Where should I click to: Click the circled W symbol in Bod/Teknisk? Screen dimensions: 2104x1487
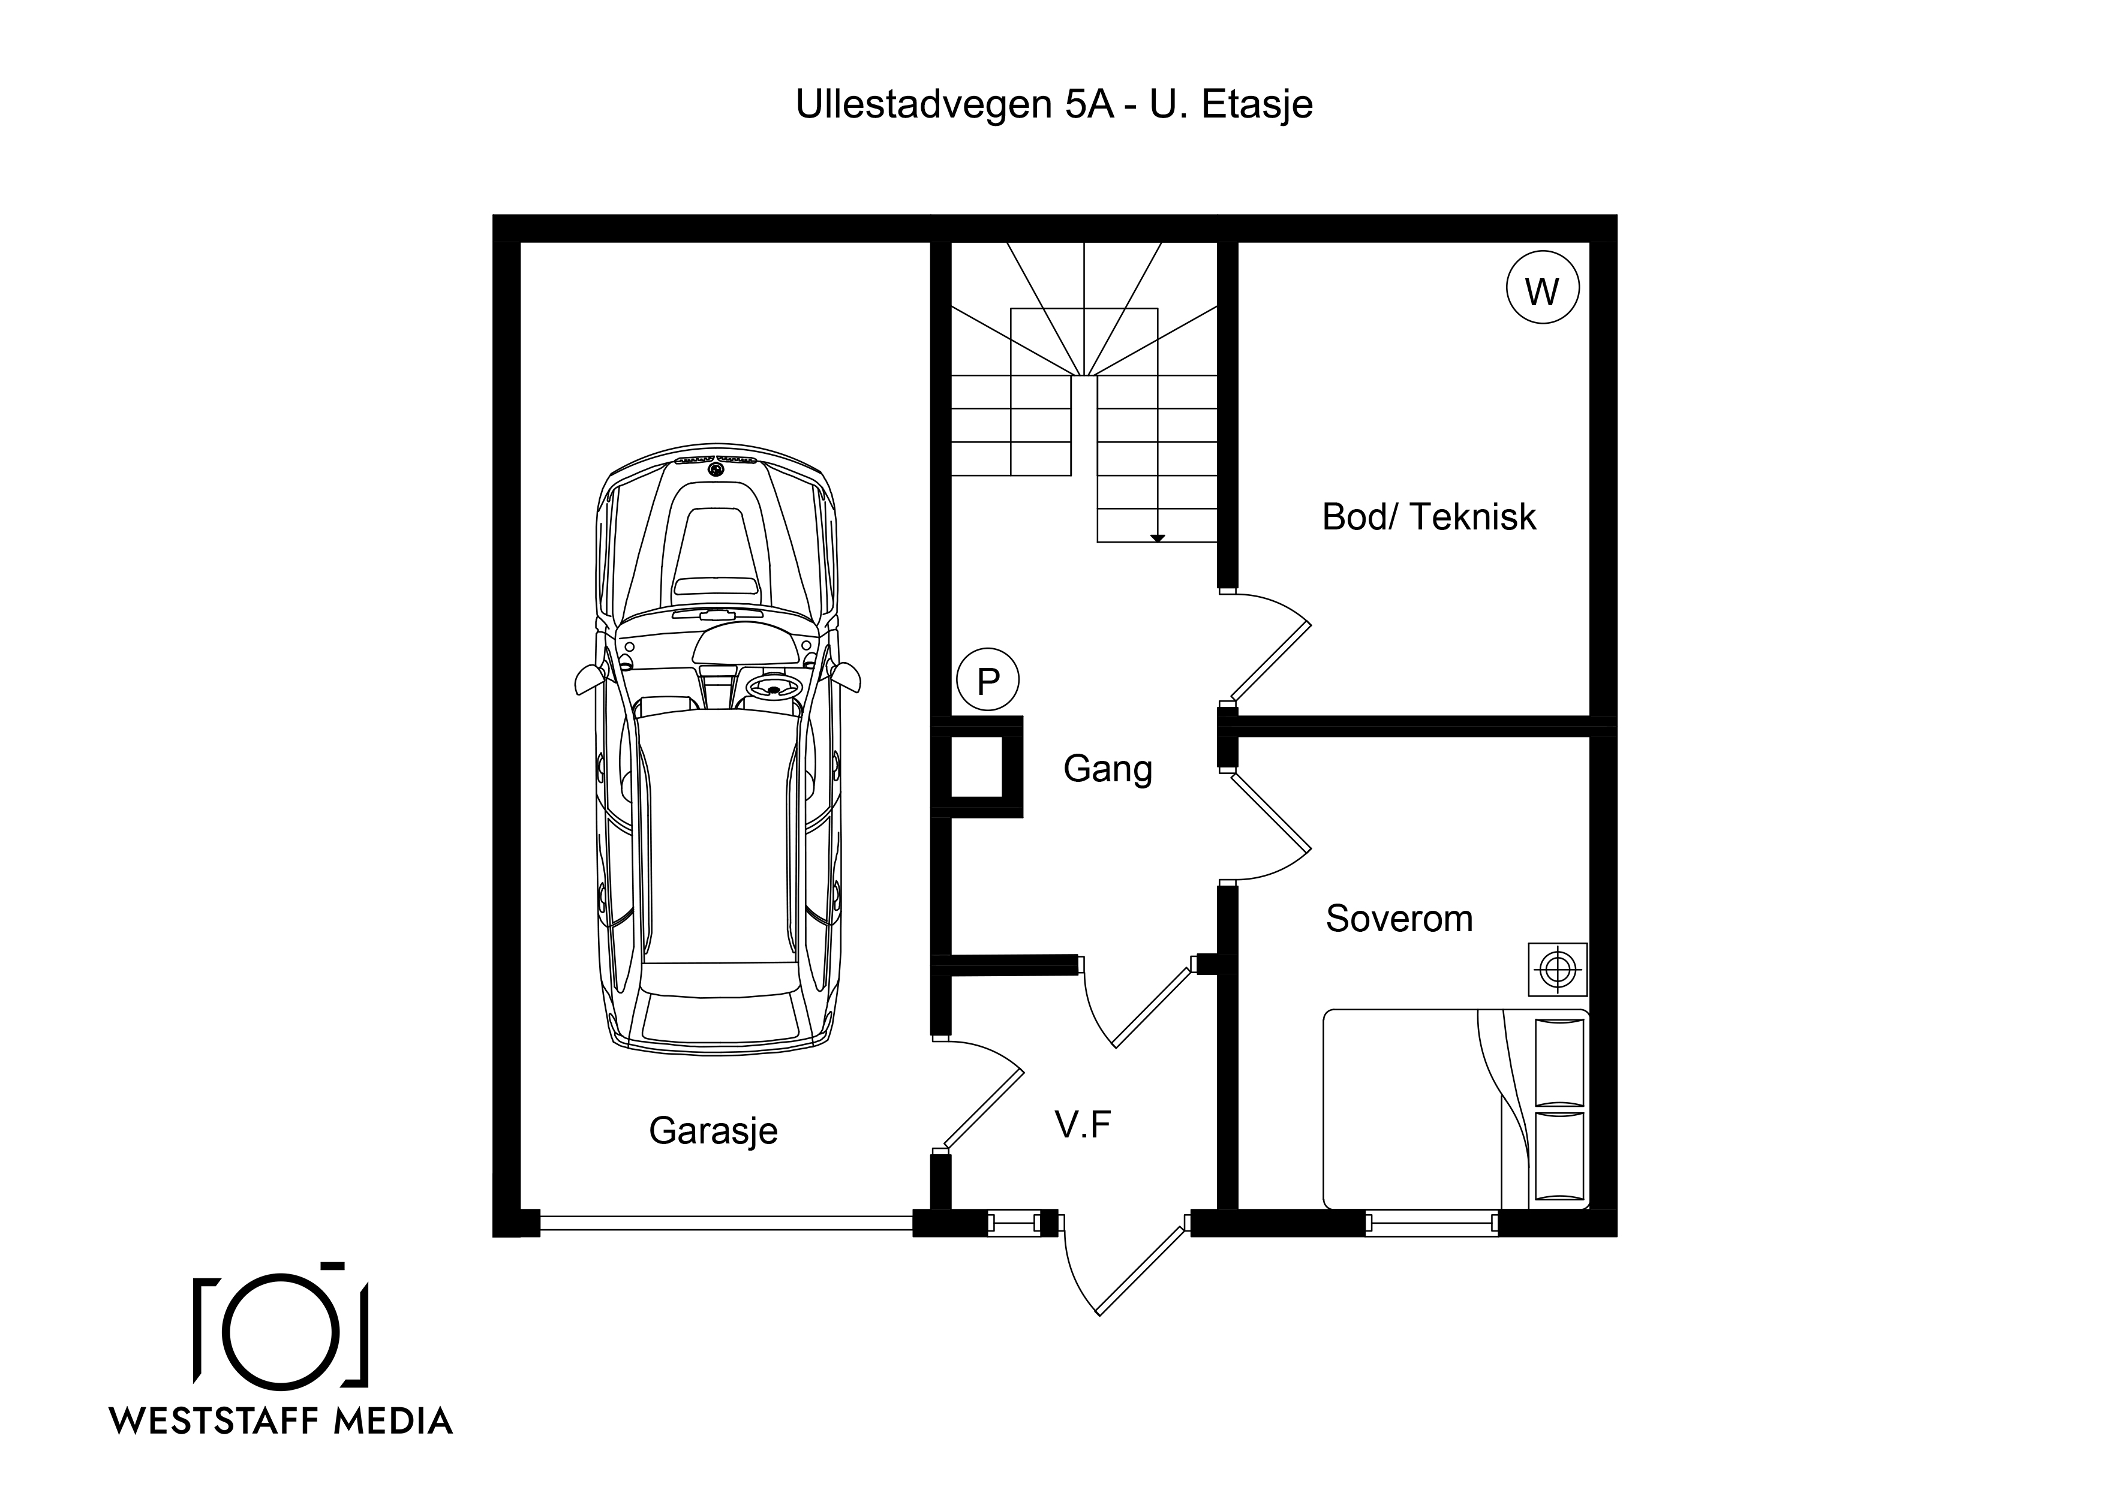1543,288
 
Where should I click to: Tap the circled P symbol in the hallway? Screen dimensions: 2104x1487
988,681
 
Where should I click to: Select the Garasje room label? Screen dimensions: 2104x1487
713,1131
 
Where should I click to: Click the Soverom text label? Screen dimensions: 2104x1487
1399,918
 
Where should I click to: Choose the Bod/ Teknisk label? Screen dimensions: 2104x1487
1429,517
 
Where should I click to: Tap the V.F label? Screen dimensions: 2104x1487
1083,1124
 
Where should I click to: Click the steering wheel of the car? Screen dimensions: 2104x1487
774,686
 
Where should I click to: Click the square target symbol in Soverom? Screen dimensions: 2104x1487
1558,968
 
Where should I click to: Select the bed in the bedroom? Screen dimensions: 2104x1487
1456,1109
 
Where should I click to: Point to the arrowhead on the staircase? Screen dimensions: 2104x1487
1158,538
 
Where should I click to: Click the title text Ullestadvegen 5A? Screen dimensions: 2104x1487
954,104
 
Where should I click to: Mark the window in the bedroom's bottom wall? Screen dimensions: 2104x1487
1432,1223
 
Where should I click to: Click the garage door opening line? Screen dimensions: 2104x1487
726,1223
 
